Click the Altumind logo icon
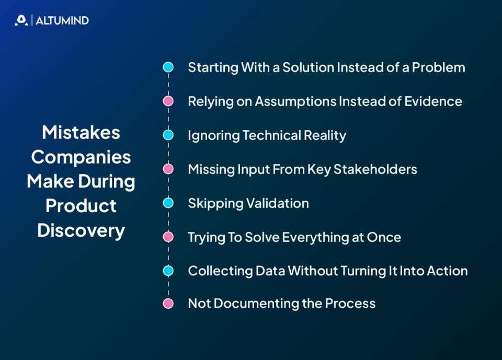coord(21,20)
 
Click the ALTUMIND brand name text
coord(62,21)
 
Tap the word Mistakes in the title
coord(81,133)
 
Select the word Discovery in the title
coord(81,230)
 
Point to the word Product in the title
coord(81,206)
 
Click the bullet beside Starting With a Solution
coord(168,67)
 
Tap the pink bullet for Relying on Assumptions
coord(168,101)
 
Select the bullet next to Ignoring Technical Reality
coord(168,135)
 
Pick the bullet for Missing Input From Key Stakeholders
coord(168,169)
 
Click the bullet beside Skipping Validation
coord(168,203)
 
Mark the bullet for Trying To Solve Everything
coord(168,237)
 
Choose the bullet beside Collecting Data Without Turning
coord(168,271)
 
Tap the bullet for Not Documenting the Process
coord(168,304)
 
